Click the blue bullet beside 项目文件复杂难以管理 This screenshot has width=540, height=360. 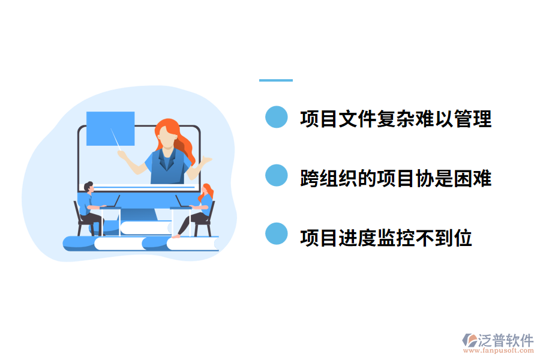click(x=277, y=118)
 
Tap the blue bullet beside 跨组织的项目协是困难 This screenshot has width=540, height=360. click(x=277, y=176)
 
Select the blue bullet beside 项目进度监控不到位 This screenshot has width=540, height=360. click(x=277, y=234)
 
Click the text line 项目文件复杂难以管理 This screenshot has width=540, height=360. click(x=395, y=119)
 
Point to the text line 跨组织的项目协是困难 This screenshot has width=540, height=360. click(x=395, y=178)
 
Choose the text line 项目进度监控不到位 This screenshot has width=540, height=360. click(x=386, y=238)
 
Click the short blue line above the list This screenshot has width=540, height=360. click(x=276, y=80)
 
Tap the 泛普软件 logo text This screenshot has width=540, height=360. click(x=505, y=340)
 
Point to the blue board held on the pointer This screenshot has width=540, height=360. click(x=110, y=128)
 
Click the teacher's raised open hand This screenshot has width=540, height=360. click(x=206, y=160)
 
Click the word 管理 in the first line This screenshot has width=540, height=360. click(x=473, y=119)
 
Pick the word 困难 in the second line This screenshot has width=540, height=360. click(x=473, y=178)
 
